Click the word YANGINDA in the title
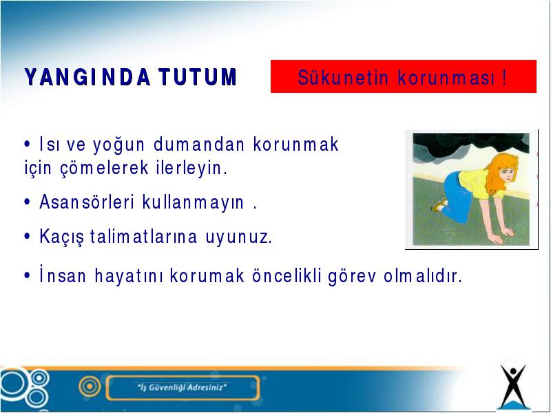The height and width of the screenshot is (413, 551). [87, 77]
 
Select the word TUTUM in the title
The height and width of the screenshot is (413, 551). [198, 77]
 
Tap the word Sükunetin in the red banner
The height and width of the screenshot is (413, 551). [343, 78]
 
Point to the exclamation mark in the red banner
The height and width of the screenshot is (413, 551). [505, 78]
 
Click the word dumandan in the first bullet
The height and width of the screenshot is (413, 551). [199, 145]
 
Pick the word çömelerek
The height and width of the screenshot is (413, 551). [105, 168]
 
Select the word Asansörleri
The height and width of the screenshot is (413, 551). [87, 202]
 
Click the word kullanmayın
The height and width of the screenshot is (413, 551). [193, 202]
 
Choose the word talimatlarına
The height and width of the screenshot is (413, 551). [144, 236]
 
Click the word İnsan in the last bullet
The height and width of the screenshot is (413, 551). [63, 275]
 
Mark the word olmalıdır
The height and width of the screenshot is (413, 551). [423, 276]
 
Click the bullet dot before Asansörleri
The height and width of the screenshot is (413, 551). [28, 202]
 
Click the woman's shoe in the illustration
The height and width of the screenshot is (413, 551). [439, 204]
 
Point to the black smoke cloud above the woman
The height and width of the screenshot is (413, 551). [471, 144]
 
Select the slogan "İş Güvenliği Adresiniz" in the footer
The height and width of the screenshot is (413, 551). [182, 388]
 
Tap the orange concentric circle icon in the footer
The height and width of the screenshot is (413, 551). [90, 386]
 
